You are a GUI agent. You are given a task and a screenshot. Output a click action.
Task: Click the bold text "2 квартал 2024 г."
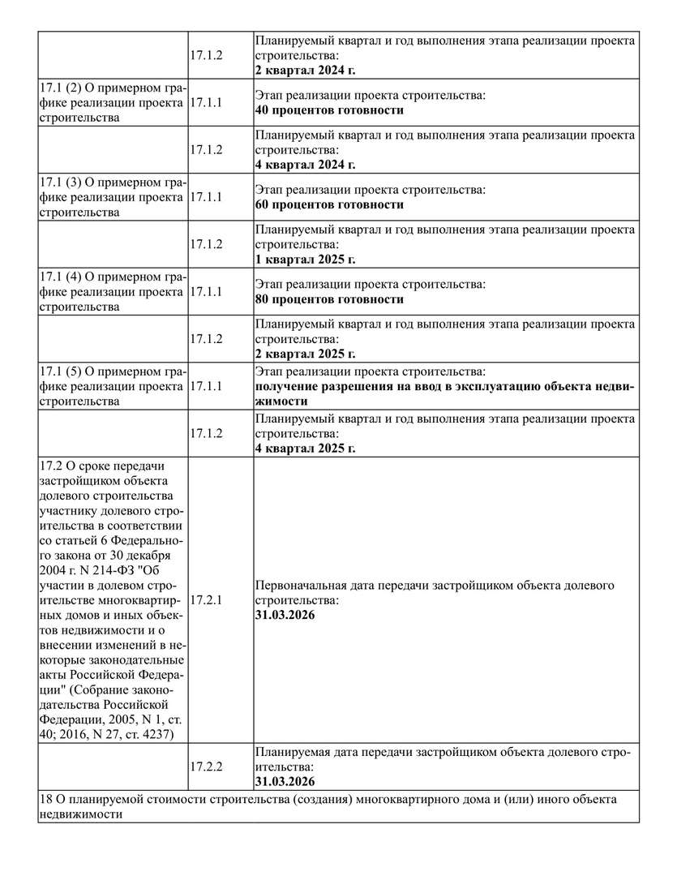point(305,71)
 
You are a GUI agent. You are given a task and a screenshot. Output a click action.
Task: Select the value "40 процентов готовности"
point(329,110)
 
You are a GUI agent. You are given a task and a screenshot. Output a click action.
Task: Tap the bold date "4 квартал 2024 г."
point(305,165)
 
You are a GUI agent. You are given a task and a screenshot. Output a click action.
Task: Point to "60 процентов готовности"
point(329,204)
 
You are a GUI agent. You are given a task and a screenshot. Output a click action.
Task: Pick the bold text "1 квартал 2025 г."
point(305,260)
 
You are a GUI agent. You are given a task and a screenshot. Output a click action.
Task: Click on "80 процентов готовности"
point(329,299)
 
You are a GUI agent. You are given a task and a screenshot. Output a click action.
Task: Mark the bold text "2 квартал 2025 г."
point(305,354)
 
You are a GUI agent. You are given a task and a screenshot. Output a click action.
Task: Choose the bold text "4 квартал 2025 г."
point(305,448)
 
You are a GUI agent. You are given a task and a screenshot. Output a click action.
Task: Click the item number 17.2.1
point(206,600)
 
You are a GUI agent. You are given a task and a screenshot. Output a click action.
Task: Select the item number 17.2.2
point(206,766)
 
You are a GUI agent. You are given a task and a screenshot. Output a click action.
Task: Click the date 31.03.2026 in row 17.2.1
point(285,616)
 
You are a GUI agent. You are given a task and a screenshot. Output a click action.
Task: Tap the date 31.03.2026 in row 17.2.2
point(285,782)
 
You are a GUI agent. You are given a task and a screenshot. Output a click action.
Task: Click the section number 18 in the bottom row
point(45,800)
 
